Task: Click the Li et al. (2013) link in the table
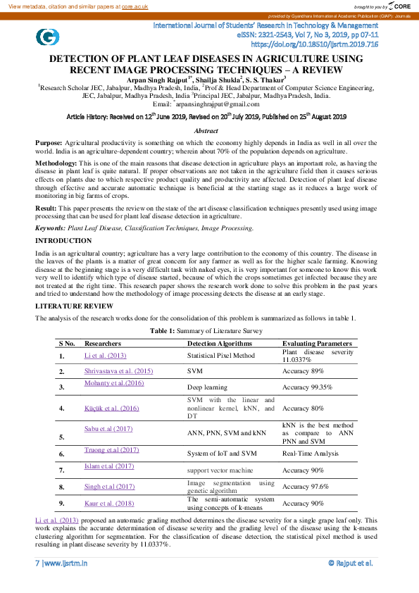pos(105,356)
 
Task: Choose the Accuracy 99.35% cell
pos(307,387)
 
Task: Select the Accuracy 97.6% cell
pos(305,486)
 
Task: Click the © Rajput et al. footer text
pos(350,563)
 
